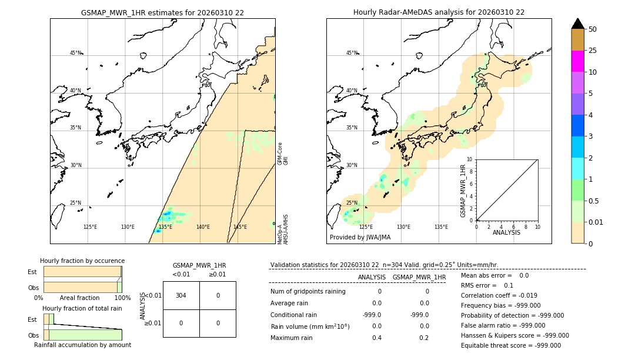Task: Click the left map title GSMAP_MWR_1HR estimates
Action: pyautogui.click(x=162, y=12)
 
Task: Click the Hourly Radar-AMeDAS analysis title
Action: pyautogui.click(x=439, y=12)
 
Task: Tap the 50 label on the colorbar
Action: pyautogui.click(x=593, y=29)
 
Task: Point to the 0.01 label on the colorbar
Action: pyautogui.click(x=596, y=222)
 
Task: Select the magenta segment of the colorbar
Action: pyautogui.click(x=577, y=61)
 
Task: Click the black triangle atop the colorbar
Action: pyautogui.click(x=577, y=24)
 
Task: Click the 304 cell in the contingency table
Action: pyautogui.click(x=181, y=295)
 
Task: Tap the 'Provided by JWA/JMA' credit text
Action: pyautogui.click(x=360, y=238)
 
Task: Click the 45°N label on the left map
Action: pyautogui.click(x=76, y=53)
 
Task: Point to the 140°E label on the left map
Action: pyautogui.click(x=203, y=227)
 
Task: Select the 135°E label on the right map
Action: pyautogui.click(x=441, y=227)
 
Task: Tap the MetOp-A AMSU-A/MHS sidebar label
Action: pyautogui.click(x=283, y=229)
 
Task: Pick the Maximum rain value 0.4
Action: pyautogui.click(x=376, y=338)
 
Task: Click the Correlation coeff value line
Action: pyautogui.click(x=499, y=295)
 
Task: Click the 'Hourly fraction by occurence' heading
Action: pyautogui.click(x=82, y=261)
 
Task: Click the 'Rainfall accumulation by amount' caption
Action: pyautogui.click(x=82, y=345)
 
